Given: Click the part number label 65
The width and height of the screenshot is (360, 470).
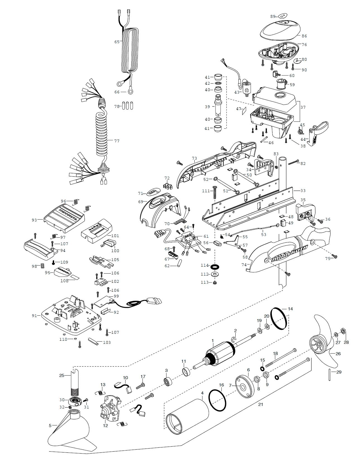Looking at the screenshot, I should [x=117, y=42].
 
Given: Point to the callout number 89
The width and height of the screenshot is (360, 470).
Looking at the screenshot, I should [x=273, y=16].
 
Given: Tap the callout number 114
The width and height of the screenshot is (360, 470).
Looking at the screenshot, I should [x=205, y=265].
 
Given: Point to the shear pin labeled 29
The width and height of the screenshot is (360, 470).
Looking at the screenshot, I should [x=330, y=375].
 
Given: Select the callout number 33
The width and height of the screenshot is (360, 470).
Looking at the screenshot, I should [x=303, y=191].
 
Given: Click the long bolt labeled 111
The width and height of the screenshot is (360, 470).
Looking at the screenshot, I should [x=215, y=193].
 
